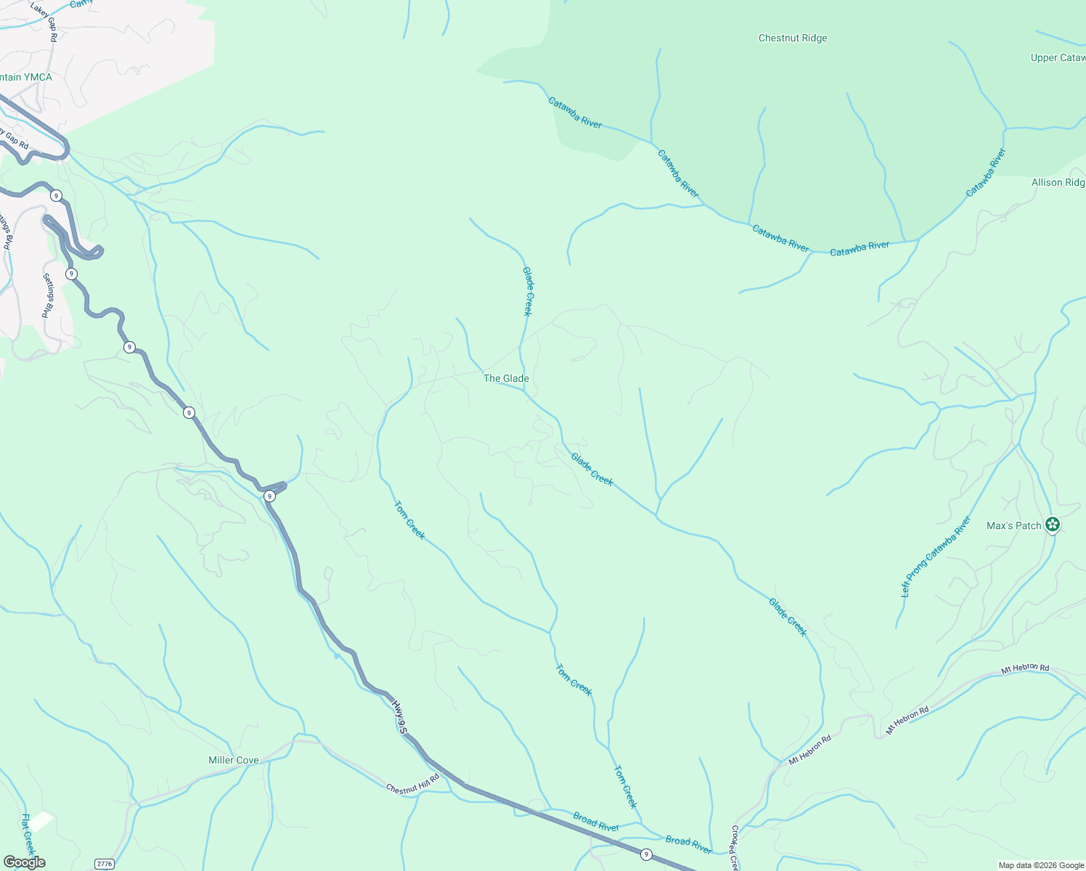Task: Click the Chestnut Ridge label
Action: [x=793, y=38]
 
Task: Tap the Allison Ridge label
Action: [x=1058, y=183]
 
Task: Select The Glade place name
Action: [x=506, y=378]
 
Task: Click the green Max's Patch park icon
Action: [x=1053, y=525]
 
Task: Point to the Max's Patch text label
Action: [x=1013, y=526]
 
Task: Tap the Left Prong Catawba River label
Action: [x=936, y=557]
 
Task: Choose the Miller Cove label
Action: [x=233, y=760]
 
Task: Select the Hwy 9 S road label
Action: [x=399, y=716]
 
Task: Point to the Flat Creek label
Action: [x=28, y=835]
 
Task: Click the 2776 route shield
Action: [x=105, y=864]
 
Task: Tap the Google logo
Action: [x=24, y=862]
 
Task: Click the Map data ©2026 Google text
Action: [x=1040, y=865]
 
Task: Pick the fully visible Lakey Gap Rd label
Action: [x=44, y=20]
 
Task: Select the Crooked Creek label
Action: [x=734, y=848]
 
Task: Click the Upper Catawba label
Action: [x=1058, y=58]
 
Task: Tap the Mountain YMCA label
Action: [x=26, y=78]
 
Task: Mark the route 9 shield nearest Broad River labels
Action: [x=646, y=855]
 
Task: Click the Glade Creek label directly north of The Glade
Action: [x=528, y=291]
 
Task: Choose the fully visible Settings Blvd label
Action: [x=48, y=295]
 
